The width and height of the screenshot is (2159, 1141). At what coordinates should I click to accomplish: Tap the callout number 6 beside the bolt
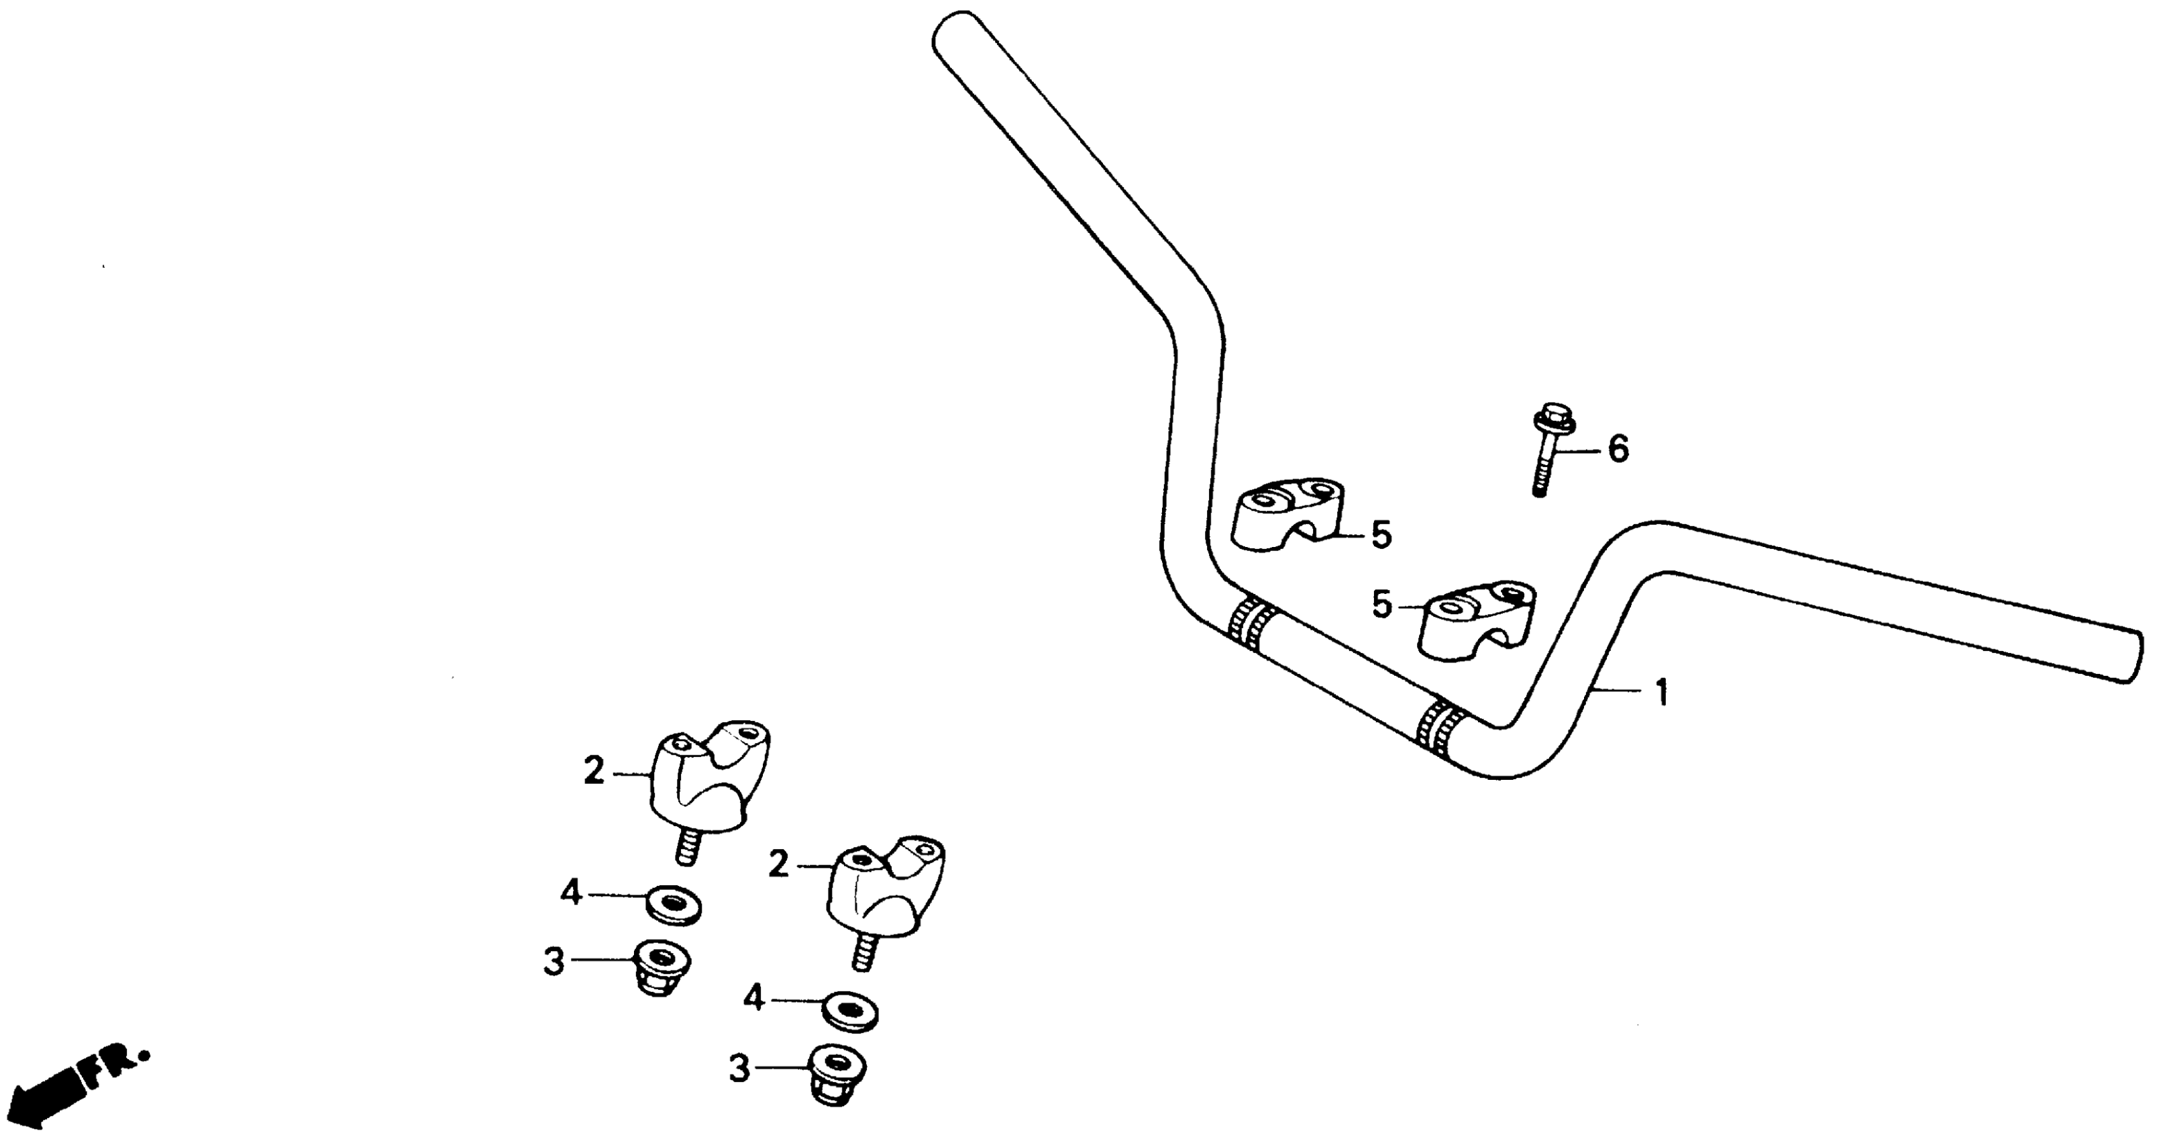click(1617, 450)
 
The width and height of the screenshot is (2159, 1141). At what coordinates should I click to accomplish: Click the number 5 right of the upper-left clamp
click(1380, 535)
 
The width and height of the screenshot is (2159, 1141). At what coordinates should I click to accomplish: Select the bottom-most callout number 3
click(739, 1070)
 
